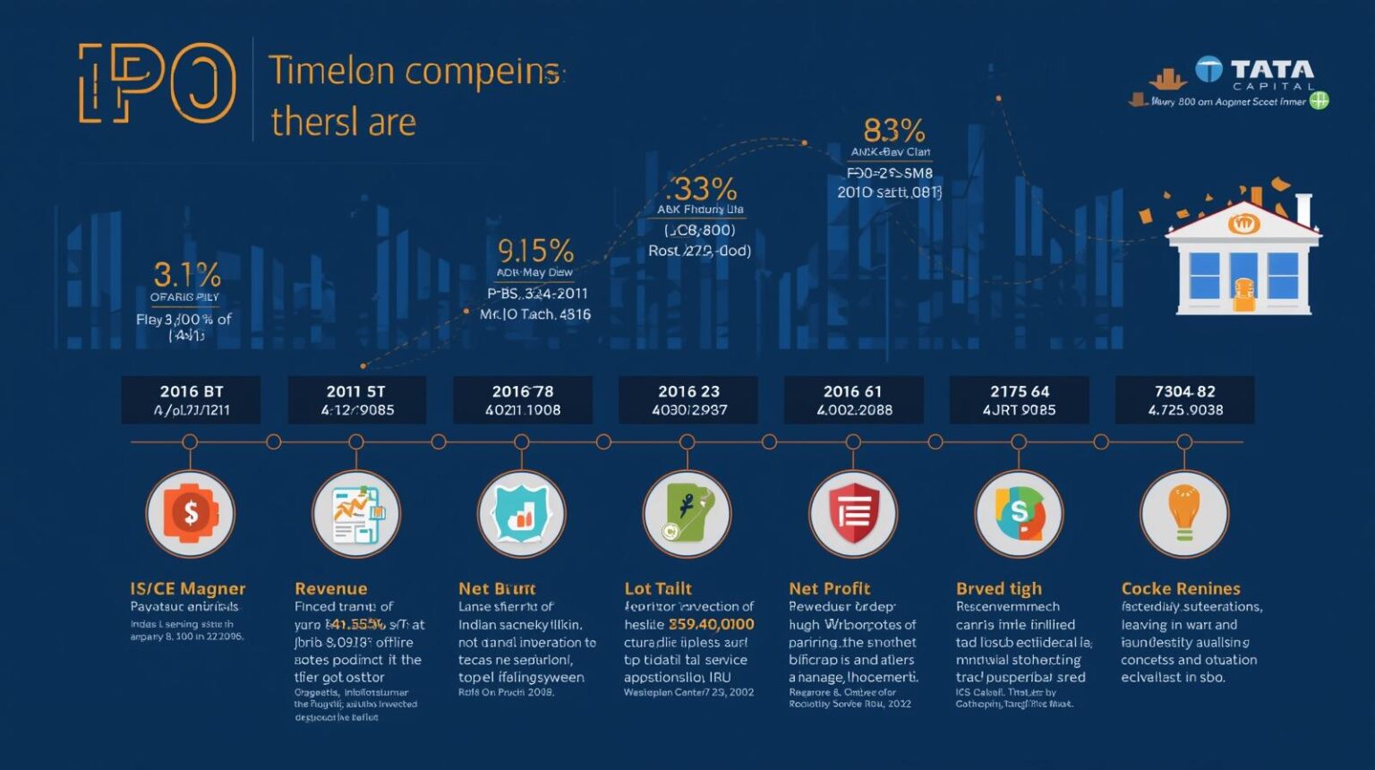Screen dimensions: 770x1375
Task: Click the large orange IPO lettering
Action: (x=158, y=83)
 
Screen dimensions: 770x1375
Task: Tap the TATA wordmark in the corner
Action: (x=1271, y=69)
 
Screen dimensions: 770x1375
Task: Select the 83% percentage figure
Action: (x=893, y=131)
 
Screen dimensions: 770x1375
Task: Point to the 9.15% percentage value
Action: (x=535, y=250)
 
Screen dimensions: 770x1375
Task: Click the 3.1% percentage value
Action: (x=187, y=274)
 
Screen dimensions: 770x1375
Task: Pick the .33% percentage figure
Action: (x=701, y=189)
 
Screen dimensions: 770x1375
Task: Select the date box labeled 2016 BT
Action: (x=192, y=400)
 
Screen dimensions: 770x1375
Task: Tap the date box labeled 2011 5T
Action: (x=357, y=400)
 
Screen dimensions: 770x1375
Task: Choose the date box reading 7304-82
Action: (x=1184, y=400)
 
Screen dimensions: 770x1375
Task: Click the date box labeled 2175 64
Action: (x=1019, y=400)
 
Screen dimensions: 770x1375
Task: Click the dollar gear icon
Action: (x=190, y=513)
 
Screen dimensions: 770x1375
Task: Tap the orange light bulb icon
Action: (x=1183, y=513)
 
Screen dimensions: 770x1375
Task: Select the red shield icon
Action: (x=853, y=513)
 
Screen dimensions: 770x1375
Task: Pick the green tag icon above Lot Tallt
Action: (x=687, y=513)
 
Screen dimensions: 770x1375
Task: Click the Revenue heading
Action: (x=330, y=588)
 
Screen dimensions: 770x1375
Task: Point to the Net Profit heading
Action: (x=829, y=588)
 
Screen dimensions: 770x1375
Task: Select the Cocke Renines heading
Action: (x=1181, y=588)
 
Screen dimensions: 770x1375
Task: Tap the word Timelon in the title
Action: (x=331, y=71)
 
